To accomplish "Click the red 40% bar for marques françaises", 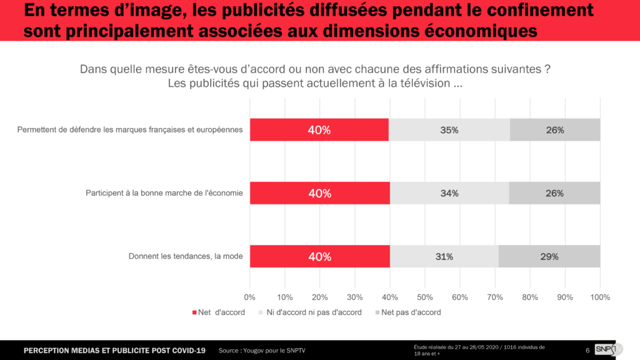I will [319, 130].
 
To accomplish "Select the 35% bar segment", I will [449, 130].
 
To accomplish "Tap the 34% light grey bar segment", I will [449, 193].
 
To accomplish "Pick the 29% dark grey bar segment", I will [549, 256].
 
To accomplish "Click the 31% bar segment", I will [444, 256].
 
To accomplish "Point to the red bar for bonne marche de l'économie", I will [319, 193].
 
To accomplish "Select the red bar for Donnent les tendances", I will [319, 256].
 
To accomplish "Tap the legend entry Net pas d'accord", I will [410, 312].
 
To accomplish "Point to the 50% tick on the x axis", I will [425, 297].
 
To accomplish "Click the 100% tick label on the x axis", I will [599, 297].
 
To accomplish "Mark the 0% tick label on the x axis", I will [250, 297].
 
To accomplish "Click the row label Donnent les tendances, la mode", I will [185, 256].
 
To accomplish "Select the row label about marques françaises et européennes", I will [129, 130].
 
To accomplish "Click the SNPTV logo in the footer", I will [606, 349].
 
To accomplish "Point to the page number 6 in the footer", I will [587, 350].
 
